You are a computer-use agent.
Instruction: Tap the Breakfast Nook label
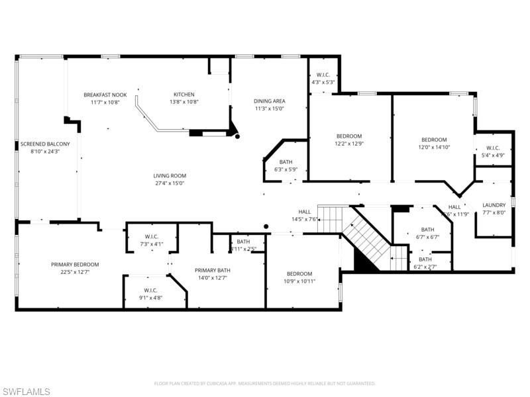105,95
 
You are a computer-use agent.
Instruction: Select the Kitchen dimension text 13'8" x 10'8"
184,102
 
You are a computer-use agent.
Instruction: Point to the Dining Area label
269,101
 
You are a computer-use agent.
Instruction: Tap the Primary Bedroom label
75,264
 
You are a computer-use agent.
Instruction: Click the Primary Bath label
212,270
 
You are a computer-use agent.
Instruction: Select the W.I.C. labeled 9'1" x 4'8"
152,290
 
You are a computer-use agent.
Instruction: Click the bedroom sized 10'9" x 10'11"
300,274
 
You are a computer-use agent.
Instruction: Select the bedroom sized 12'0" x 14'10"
434,140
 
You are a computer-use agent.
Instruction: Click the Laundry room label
494,205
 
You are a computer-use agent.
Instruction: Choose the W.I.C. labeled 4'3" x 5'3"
323,75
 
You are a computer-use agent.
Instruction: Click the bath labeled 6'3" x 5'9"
286,162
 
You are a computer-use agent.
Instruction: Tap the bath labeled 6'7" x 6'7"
427,229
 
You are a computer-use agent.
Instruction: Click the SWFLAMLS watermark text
26,392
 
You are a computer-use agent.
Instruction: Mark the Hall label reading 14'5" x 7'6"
305,212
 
